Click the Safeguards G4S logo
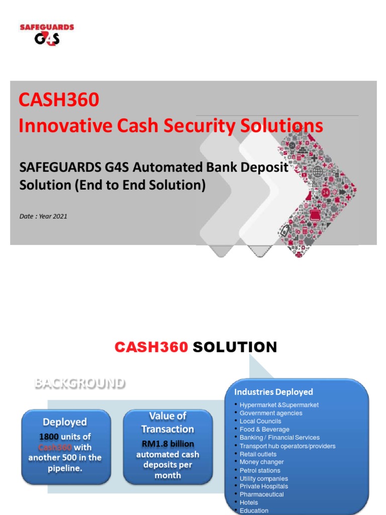coord(47,34)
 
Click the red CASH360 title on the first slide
coord(59,100)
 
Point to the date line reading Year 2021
coord(43,216)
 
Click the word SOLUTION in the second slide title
coord(235,347)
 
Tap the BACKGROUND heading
coord(79,383)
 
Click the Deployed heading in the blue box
coord(65,422)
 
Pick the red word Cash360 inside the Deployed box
coord(55,447)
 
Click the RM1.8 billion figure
coord(168,444)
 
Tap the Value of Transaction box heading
coord(167,422)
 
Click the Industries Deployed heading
coord(273,392)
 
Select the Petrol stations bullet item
coord(260,470)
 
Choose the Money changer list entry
coord(261,462)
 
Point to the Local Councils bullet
coord(260,421)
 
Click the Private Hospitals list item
coord(264,486)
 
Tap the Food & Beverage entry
coord(264,430)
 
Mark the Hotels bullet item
coord(249,502)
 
